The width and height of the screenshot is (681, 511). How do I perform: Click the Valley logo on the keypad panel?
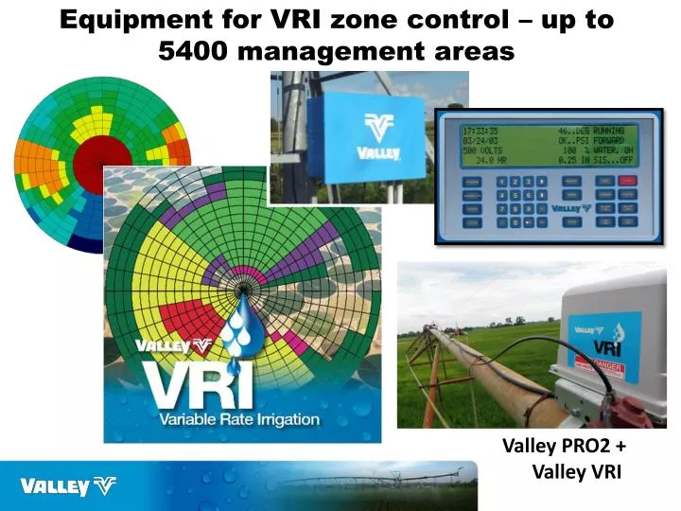[571, 206]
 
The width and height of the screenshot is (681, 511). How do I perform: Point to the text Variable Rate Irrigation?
[240, 419]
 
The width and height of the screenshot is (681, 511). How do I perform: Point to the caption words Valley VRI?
[577, 472]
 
